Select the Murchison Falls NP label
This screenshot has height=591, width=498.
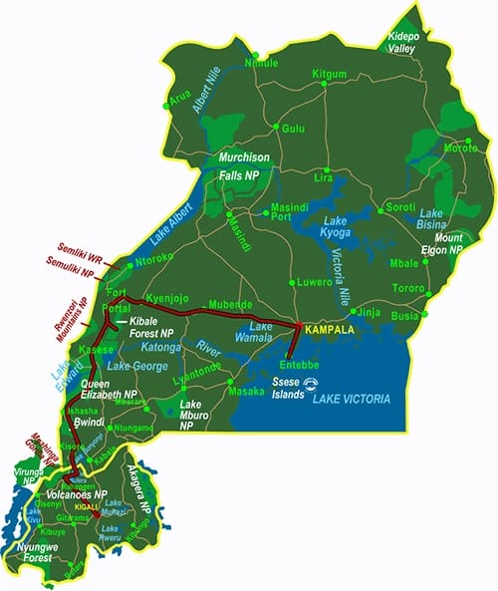point(244,166)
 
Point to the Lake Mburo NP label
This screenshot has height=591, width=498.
point(198,413)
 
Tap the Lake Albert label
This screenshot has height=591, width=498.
point(170,234)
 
